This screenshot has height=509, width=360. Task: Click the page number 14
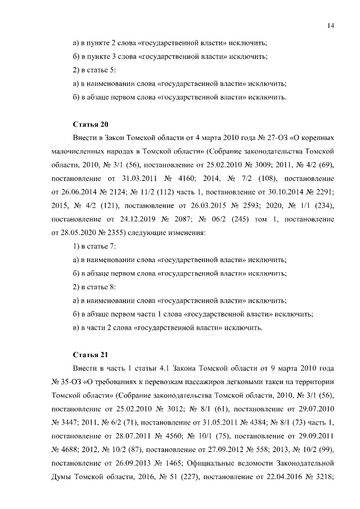331,25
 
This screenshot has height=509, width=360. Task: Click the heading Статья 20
90,123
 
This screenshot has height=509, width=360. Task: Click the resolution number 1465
175,464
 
